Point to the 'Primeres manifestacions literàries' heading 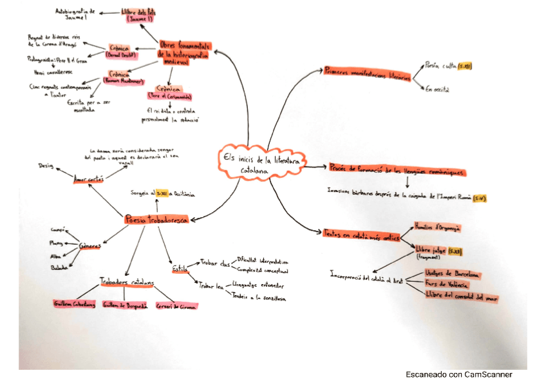[366, 73]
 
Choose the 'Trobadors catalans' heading [127, 282]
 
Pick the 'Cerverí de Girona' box [176, 305]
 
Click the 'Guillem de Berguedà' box [124, 305]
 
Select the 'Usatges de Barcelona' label [453, 274]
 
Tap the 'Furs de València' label [446, 284]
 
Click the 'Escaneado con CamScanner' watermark [458, 374]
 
